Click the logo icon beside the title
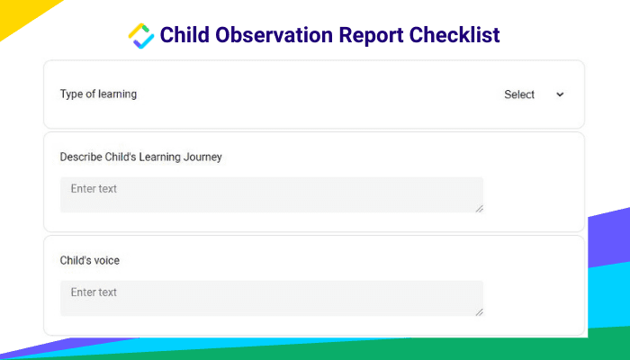point(141,36)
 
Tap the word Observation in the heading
point(274,34)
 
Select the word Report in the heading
point(371,36)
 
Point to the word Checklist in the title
point(454,34)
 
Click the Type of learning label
point(98,94)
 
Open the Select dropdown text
point(519,94)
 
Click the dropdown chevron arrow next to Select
point(560,94)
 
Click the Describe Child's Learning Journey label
point(140,157)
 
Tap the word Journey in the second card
point(202,157)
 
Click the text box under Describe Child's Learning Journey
point(272,195)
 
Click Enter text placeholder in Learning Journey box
point(94,188)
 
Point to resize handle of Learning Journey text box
point(479,208)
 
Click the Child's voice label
point(90,260)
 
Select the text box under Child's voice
point(272,298)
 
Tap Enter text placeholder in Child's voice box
point(94,292)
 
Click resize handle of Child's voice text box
point(479,311)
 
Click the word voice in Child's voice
point(106,261)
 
